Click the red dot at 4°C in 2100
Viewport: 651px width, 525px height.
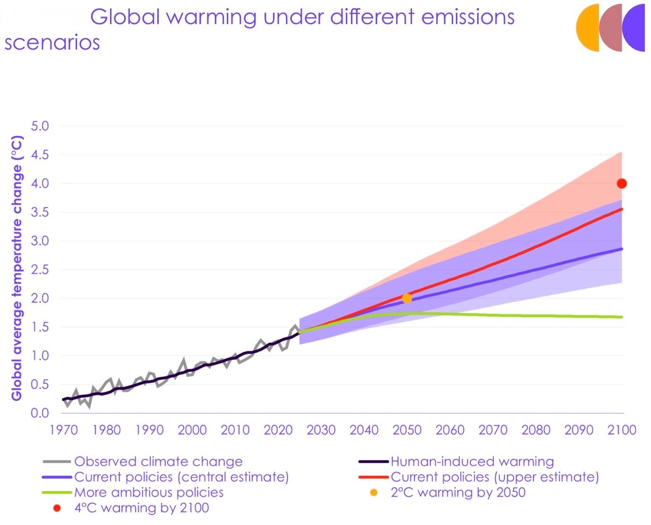pyautogui.click(x=622, y=184)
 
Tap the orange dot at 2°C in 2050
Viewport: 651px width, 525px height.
pyautogui.click(x=407, y=298)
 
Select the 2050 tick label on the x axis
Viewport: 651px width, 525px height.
pyautogui.click(x=407, y=430)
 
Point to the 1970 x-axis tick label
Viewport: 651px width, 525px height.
pyautogui.click(x=64, y=430)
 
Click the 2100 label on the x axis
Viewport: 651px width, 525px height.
pyautogui.click(x=622, y=430)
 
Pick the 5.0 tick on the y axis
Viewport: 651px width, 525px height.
pyautogui.click(x=40, y=126)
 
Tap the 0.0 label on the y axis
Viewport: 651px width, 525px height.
pyautogui.click(x=40, y=413)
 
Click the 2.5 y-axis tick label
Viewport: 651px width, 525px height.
pyautogui.click(x=40, y=270)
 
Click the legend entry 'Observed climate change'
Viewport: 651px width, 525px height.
pyautogui.click(x=159, y=461)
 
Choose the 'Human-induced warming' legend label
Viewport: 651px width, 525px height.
pyautogui.click(x=472, y=461)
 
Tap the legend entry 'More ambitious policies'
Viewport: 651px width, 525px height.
pyautogui.click(x=149, y=492)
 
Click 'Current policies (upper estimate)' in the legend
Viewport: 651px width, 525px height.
pyautogui.click(x=495, y=477)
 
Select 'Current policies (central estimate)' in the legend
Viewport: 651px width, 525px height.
pyautogui.click(x=181, y=477)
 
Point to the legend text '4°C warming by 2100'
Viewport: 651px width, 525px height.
pyautogui.click(x=142, y=508)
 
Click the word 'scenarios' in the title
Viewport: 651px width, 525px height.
pyautogui.click(x=52, y=42)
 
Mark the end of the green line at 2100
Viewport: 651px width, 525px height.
pyautogui.click(x=622, y=317)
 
